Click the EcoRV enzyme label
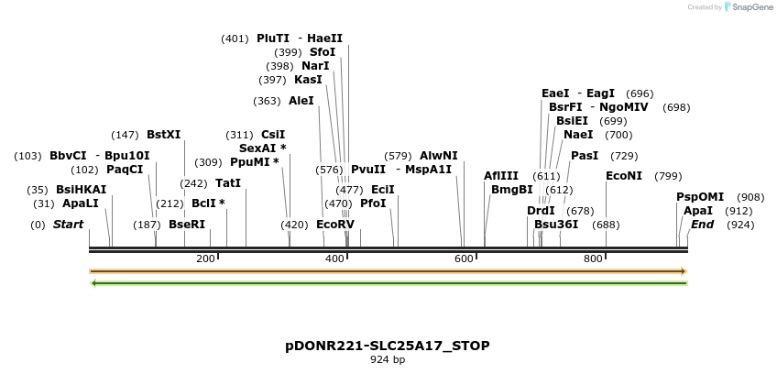click(x=334, y=225)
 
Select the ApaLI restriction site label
click(x=80, y=203)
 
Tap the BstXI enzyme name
click(x=164, y=135)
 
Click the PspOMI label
click(x=700, y=197)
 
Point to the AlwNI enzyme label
click(x=438, y=156)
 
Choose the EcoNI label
click(x=624, y=176)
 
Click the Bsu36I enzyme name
click(x=556, y=225)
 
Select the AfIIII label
click(x=501, y=176)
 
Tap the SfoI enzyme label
click(x=323, y=52)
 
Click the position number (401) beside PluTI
click(x=235, y=38)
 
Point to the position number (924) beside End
click(x=740, y=225)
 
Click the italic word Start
click(x=68, y=225)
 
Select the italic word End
click(x=702, y=225)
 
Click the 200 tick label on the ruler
click(x=205, y=259)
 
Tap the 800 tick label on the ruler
click(x=593, y=259)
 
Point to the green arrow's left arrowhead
click(x=93, y=283)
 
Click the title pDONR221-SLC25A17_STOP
click(x=388, y=346)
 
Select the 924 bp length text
click(x=388, y=360)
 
